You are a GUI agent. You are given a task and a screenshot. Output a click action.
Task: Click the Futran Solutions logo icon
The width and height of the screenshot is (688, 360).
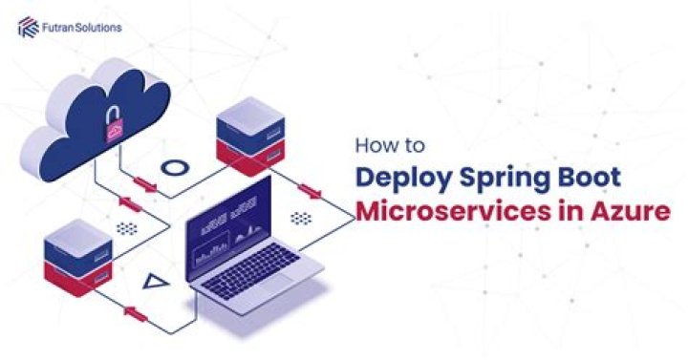click(x=27, y=29)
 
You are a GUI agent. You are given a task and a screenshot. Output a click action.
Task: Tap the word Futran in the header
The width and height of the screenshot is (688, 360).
click(x=55, y=29)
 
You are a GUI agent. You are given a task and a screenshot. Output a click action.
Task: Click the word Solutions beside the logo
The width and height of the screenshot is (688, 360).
click(x=97, y=29)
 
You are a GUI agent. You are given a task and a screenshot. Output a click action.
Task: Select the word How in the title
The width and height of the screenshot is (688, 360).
click(x=371, y=147)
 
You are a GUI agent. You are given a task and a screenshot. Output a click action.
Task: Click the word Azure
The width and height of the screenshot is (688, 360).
click(x=626, y=212)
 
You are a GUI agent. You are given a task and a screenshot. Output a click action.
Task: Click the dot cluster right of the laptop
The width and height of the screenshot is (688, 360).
click(x=301, y=219)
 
